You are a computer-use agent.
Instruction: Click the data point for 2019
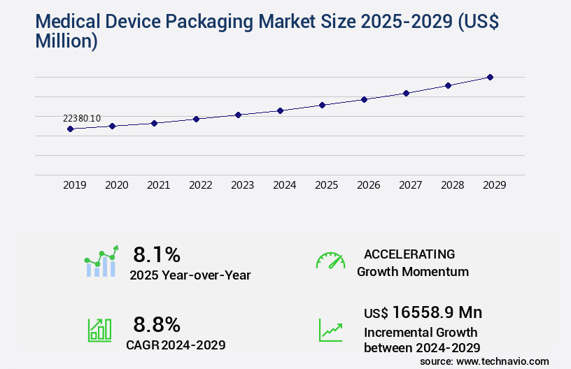coord(70,129)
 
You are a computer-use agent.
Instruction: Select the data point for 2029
coord(490,77)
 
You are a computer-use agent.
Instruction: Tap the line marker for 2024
coord(280,110)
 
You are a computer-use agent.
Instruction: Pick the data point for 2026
coord(364,99)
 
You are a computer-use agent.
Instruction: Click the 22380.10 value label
coord(82,118)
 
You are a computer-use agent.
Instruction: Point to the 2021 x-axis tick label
coord(158,185)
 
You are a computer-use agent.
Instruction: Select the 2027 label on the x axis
coord(410,185)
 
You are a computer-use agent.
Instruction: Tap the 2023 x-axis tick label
coord(242,185)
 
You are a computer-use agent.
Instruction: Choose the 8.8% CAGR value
coord(157,324)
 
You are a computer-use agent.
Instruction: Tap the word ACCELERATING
coord(409,254)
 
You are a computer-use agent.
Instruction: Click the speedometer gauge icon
coord(330,261)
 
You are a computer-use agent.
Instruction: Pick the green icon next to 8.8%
coord(99,330)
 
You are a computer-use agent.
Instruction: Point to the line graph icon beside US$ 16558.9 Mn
coord(330,330)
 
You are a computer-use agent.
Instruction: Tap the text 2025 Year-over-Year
coord(190,275)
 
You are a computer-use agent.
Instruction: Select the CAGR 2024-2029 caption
coord(176,345)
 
